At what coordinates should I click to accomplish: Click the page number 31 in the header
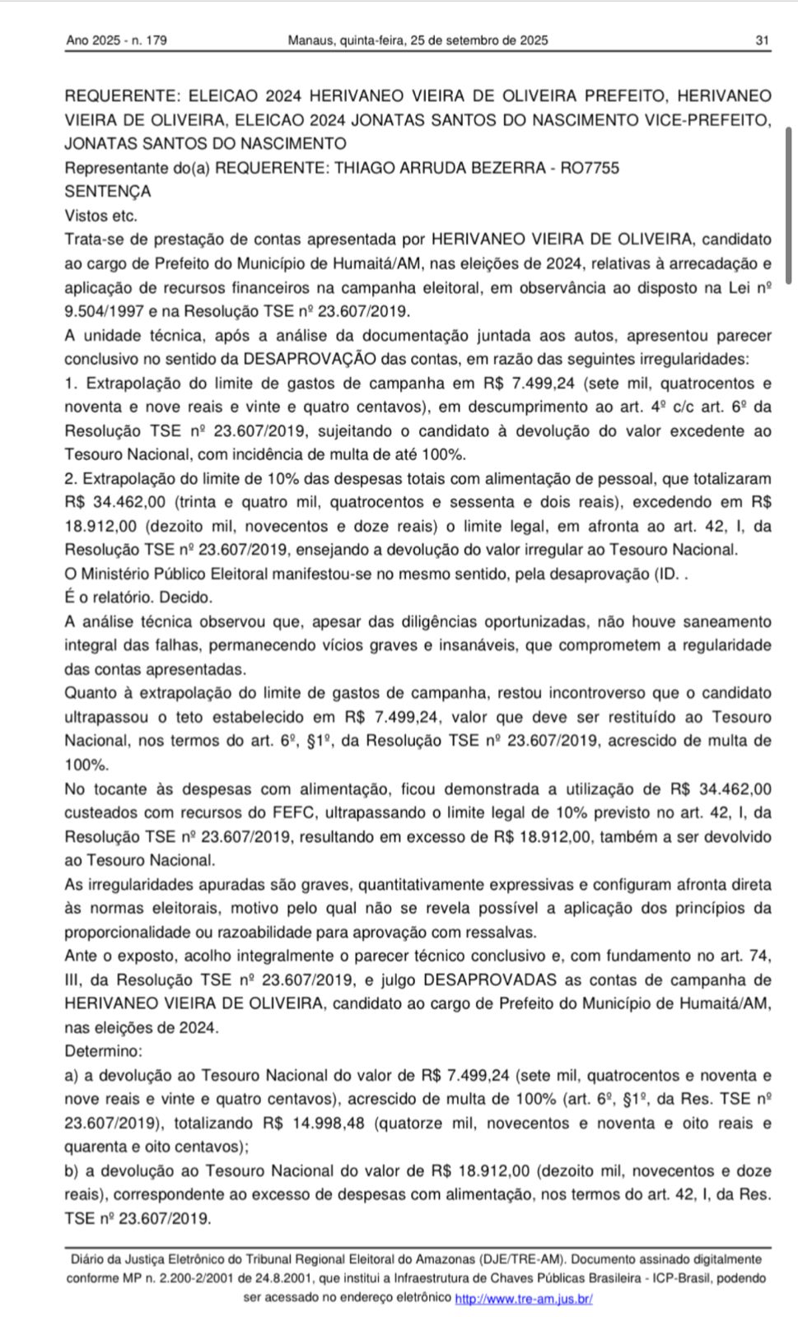[762, 40]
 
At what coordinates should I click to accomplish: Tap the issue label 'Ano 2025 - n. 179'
[117, 40]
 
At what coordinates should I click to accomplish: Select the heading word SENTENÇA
[108, 192]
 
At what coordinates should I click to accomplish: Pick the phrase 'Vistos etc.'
[100, 216]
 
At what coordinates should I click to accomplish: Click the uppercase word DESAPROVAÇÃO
[310, 359]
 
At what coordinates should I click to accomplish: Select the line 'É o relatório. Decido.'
[138, 598]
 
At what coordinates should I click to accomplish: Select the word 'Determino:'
[104, 1051]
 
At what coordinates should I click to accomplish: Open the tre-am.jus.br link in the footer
[524, 1298]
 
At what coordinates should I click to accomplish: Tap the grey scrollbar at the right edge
[789, 206]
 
